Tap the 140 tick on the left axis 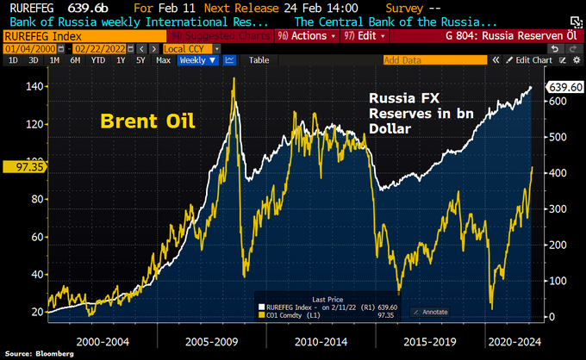[x=34, y=87]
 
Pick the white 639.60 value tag [x=566, y=87]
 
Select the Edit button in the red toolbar [x=363, y=37]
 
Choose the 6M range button [x=77, y=60]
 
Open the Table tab [x=259, y=60]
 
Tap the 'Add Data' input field [x=422, y=60]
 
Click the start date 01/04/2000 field [x=26, y=49]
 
